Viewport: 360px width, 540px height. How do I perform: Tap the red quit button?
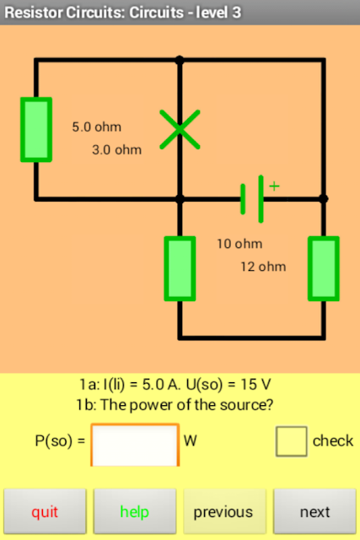coord(45,511)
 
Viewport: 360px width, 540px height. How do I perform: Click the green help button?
coord(135,511)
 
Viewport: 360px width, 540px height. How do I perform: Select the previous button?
coord(224,511)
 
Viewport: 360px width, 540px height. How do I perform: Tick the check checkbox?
coord(291,441)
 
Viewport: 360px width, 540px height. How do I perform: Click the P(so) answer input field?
coord(135,445)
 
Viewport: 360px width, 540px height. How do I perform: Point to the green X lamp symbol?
coord(180,129)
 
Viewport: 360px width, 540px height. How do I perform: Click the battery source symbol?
coord(252,199)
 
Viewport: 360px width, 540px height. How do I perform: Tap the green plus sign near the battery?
coord(274,186)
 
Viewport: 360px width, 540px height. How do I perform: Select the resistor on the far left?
coord(36,129)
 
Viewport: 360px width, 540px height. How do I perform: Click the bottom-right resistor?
coord(324,268)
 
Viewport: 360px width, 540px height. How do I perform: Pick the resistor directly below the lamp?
coord(180,268)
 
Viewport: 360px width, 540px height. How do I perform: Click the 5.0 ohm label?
coord(97,127)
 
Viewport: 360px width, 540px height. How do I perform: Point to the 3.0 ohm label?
coord(116,150)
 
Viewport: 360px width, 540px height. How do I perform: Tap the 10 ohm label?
coord(239,244)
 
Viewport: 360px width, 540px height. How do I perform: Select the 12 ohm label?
coord(263,267)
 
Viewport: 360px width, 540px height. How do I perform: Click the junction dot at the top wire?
coord(180,60)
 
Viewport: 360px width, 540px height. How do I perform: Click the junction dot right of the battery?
coord(323,199)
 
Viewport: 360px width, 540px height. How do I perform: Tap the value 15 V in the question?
coord(255,385)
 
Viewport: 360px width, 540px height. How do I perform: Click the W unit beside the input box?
coord(191,440)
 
